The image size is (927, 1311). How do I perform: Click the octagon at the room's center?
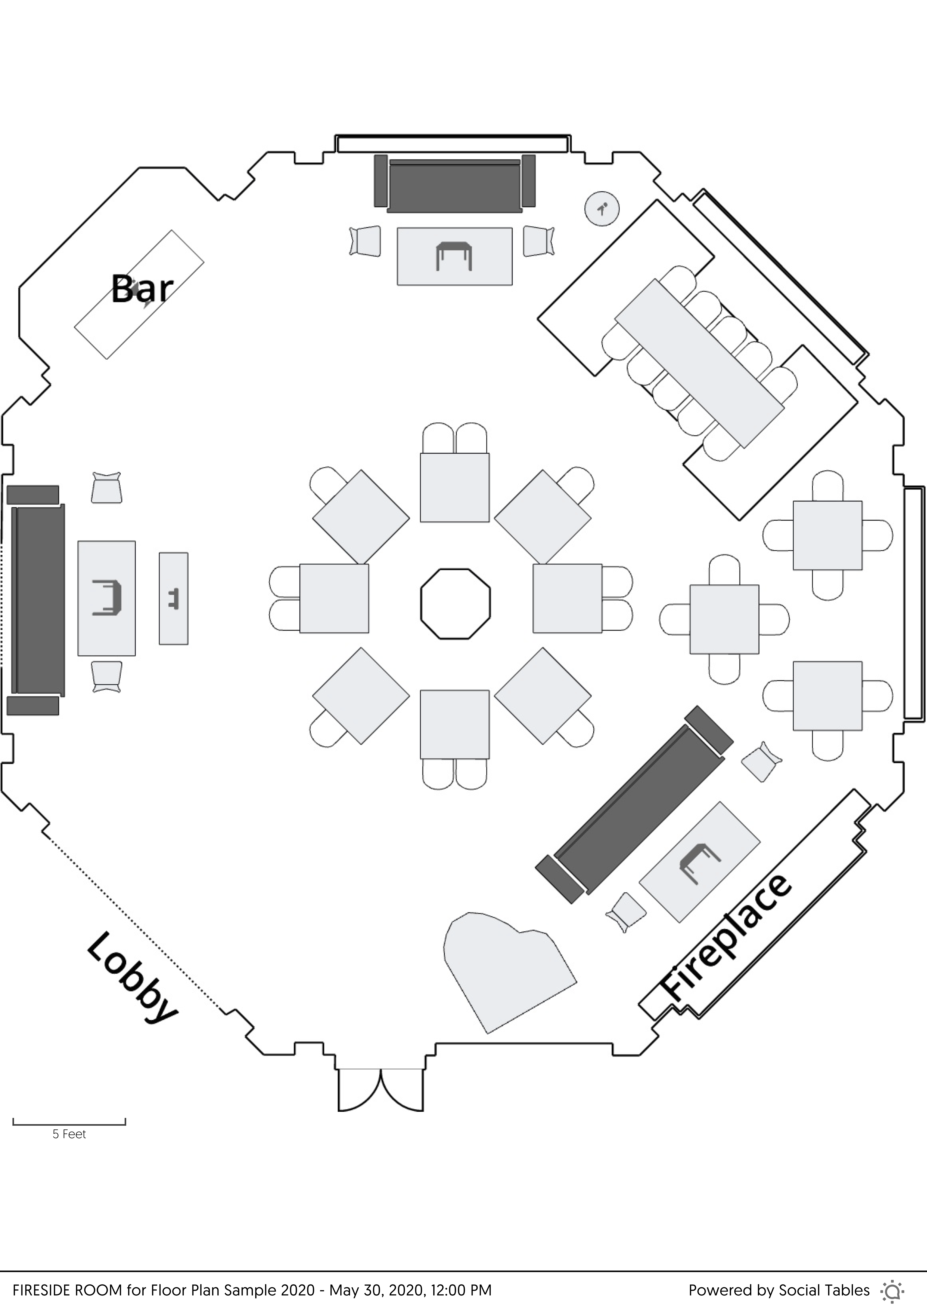pyautogui.click(x=455, y=604)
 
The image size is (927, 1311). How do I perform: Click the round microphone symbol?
pyautogui.click(x=602, y=208)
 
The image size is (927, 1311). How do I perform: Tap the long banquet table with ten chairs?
pyautogui.click(x=699, y=363)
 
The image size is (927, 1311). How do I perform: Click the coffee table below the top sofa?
pyautogui.click(x=455, y=256)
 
